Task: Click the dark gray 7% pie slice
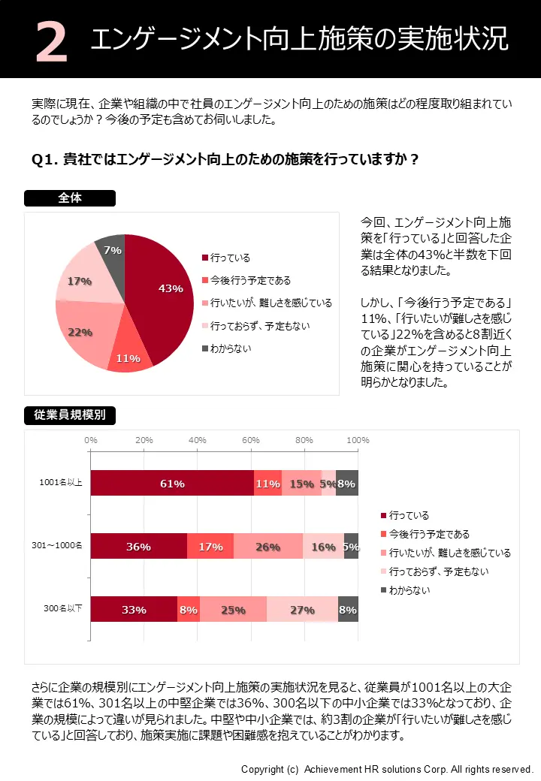pos(111,252)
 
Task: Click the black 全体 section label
pos(70,198)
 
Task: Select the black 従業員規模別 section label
pos(70,415)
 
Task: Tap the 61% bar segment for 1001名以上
pos(172,483)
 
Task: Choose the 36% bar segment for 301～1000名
pos(139,546)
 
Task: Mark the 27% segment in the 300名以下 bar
pos(302,609)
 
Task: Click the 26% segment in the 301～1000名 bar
pos(267,546)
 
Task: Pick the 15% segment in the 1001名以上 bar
pos(301,483)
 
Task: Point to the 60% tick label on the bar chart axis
pos(251,440)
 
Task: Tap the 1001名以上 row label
pos(63,482)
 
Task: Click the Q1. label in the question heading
pos(45,159)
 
